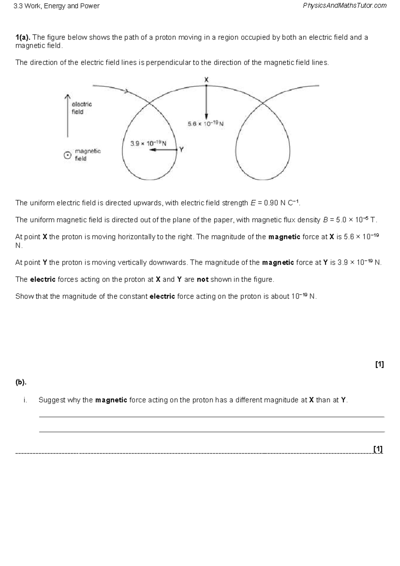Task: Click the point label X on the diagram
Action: [x=206, y=80]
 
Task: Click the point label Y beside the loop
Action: [x=181, y=149]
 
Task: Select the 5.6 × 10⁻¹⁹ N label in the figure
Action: [x=205, y=124]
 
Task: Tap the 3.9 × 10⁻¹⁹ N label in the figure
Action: [x=148, y=144]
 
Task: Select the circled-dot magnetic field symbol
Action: [x=68, y=156]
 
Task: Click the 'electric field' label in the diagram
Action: [x=81, y=108]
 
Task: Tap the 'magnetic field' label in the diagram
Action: [x=87, y=155]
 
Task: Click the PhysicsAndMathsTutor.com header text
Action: [x=345, y=6]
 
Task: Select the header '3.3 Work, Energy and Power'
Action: [x=56, y=6]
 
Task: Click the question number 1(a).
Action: [x=23, y=37]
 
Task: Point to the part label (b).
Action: [x=21, y=382]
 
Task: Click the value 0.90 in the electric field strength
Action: [x=271, y=203]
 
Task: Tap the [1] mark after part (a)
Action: [x=379, y=364]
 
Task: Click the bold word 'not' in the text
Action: [x=202, y=279]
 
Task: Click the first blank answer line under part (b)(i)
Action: [x=212, y=417]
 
